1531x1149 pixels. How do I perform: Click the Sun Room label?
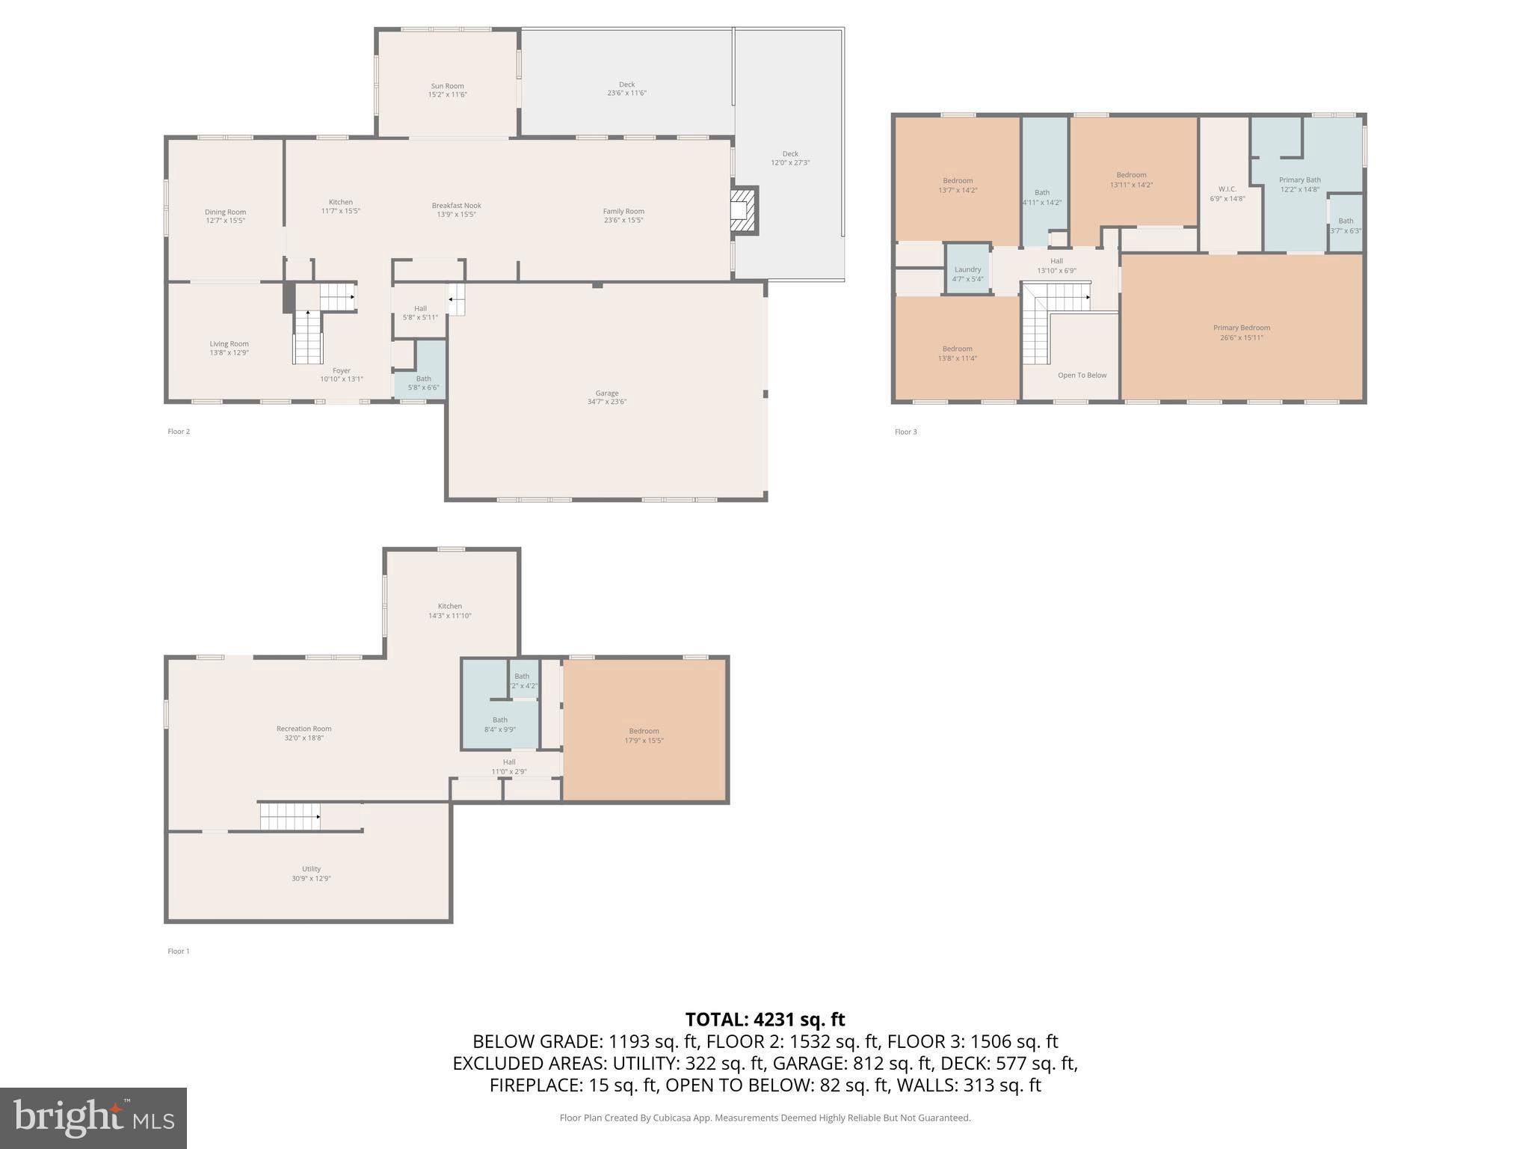[447, 86]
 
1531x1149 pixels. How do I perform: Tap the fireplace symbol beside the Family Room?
[744, 211]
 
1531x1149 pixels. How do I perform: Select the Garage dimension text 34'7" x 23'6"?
[606, 402]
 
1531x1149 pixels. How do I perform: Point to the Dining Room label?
[225, 212]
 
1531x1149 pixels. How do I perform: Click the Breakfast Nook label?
[456, 206]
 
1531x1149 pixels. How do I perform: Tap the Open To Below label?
[1082, 376]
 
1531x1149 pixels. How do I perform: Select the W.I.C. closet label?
[1227, 189]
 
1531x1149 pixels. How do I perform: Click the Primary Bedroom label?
[1241, 328]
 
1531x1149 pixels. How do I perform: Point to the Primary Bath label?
[1299, 180]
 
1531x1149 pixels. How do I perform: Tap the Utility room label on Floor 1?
[311, 869]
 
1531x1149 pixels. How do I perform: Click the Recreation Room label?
[304, 729]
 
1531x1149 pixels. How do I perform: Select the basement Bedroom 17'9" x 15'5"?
[644, 732]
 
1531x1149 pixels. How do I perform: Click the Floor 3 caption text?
[905, 432]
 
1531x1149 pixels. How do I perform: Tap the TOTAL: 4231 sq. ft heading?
[765, 1020]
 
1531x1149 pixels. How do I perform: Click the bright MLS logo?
[93, 1118]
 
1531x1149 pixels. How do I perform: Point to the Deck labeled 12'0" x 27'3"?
[790, 154]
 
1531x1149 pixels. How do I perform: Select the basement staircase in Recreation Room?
[290, 816]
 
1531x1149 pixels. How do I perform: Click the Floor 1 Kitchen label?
[449, 607]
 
